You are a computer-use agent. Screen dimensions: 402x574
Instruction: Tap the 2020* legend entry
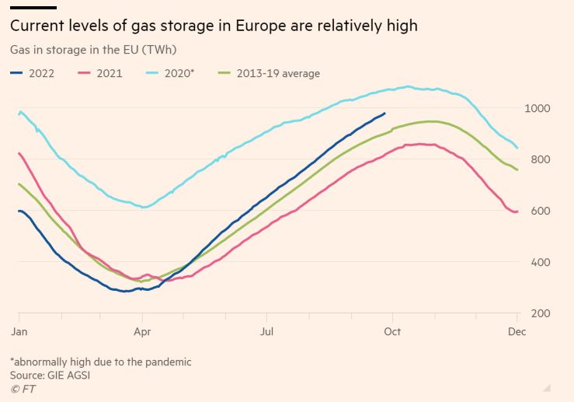tap(176, 73)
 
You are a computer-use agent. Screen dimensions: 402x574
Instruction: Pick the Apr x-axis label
tap(142, 332)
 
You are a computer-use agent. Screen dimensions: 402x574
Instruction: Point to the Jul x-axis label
tap(266, 332)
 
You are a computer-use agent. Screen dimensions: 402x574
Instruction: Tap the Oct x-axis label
tap(391, 332)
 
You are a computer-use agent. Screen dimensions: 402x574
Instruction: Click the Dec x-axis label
tap(517, 332)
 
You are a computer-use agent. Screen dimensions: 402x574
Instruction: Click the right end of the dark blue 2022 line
tap(384, 113)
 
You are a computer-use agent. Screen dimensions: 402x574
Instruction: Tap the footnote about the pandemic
tap(100, 362)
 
